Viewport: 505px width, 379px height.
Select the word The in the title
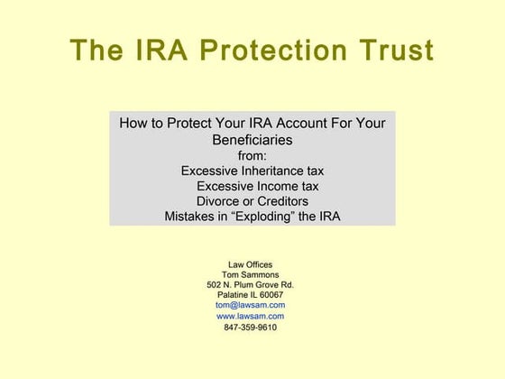pos(98,51)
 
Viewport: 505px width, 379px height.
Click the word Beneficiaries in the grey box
pos(252,140)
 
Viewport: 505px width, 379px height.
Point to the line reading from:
pos(252,155)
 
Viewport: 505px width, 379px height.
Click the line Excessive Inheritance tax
pos(252,171)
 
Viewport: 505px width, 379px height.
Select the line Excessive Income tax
pos(257,186)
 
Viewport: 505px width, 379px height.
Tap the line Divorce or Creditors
pos(252,201)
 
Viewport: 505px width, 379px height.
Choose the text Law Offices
pos(251,264)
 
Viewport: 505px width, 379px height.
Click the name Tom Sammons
pos(251,275)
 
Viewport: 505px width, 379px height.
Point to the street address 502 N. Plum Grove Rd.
pos(251,285)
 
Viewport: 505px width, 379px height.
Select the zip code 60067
pos(270,295)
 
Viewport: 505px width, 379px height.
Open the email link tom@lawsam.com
pos(251,306)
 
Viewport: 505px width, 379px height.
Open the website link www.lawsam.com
pos(251,317)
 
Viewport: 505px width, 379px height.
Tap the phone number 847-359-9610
pos(251,328)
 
